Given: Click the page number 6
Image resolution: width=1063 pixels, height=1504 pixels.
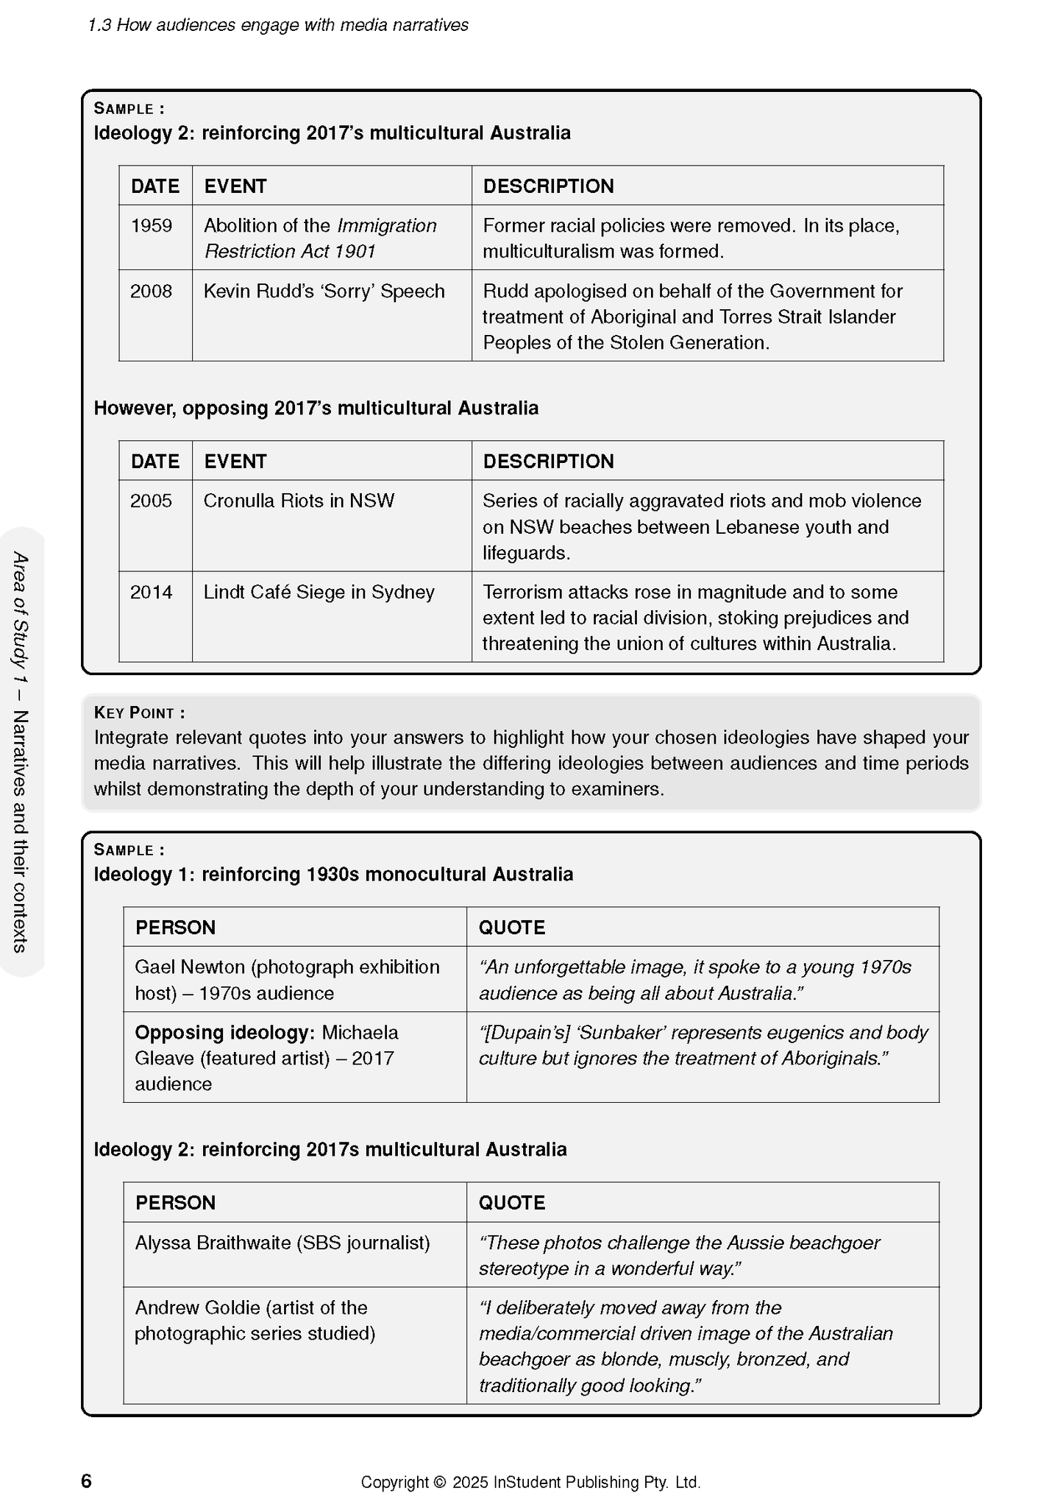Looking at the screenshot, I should [86, 1480].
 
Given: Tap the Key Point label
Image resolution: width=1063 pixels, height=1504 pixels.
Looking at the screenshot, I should [139, 713].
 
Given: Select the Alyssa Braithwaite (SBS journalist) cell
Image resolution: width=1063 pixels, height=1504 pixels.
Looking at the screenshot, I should [282, 1243].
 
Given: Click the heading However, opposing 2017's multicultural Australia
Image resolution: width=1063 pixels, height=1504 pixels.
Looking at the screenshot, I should [316, 408].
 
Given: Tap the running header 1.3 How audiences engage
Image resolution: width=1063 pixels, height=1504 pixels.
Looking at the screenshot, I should [278, 25].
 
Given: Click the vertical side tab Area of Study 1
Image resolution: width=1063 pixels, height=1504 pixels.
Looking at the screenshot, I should [21, 751].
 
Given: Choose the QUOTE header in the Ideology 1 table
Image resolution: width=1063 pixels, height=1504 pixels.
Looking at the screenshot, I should [512, 927].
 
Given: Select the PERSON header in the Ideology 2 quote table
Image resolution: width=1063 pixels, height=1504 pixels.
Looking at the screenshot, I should [175, 1202].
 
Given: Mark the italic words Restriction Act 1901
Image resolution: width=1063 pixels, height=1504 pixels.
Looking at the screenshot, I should [290, 251].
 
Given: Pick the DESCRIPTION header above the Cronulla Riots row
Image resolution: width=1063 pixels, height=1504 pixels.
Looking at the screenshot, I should [548, 461].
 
